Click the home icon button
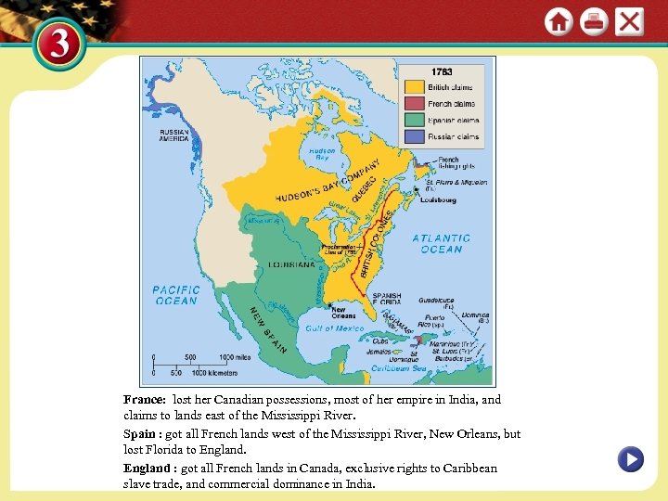559,21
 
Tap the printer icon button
594,21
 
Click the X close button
629,21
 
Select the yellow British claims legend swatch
413,87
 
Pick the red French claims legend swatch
413,104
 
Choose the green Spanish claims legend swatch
413,120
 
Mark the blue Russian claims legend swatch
413,136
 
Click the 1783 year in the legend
443,71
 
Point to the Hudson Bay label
321,154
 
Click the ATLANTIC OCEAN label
442,243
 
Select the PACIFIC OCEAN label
176,295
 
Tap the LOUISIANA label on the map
291,264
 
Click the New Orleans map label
343,313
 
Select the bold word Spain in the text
141,433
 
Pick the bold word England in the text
148,468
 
